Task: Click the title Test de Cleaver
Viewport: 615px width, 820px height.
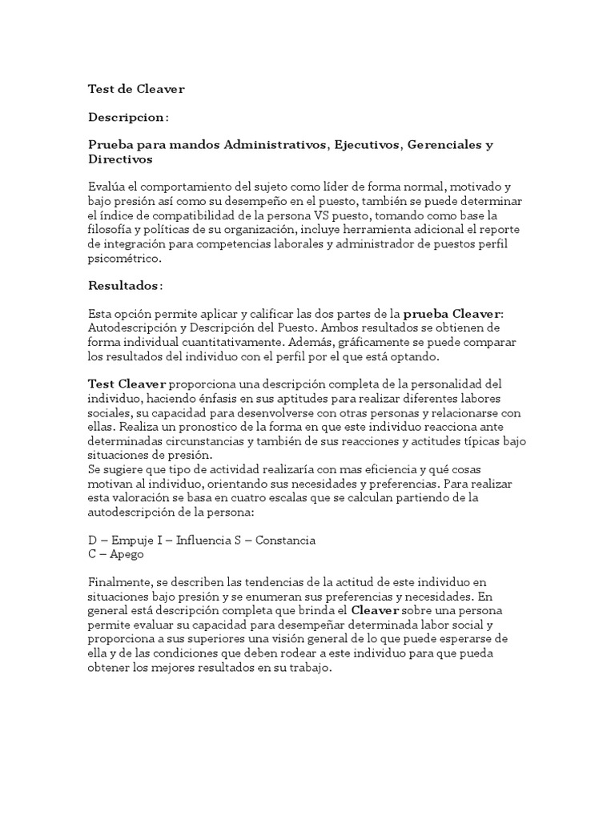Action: tap(135, 89)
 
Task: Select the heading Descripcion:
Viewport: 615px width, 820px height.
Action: tap(127, 117)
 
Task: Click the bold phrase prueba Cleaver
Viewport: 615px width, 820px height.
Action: tap(451, 313)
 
